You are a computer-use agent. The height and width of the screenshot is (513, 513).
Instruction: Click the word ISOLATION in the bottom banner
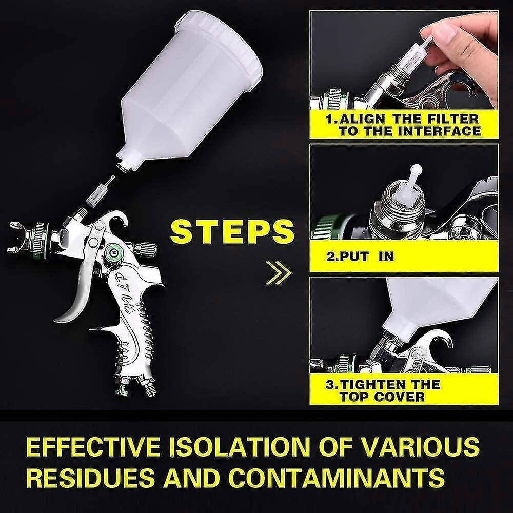pos(236,447)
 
